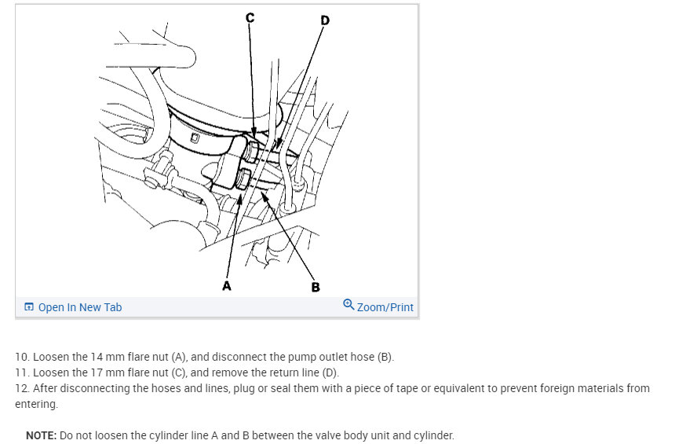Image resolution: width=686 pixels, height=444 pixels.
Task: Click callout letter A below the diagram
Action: coord(226,286)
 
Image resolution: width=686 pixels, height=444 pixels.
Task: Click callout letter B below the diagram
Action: coord(316,288)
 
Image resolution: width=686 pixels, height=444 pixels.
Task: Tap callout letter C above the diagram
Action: coord(250,18)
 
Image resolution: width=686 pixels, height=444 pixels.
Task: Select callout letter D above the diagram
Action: coord(325,20)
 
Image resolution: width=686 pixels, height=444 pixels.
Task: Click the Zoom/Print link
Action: coord(385,307)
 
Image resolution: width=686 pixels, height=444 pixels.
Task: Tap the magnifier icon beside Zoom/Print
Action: coord(348,304)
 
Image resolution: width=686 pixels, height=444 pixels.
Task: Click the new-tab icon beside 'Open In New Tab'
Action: coord(29,307)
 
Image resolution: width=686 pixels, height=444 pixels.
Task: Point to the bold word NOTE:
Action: coord(41,435)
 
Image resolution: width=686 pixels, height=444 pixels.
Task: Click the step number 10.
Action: coord(22,357)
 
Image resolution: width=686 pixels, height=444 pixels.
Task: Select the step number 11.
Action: coord(22,372)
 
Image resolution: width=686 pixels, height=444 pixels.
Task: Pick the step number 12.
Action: coord(22,388)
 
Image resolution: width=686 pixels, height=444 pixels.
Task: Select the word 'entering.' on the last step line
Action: coord(36,404)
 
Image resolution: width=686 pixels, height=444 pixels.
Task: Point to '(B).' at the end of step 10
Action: coord(385,357)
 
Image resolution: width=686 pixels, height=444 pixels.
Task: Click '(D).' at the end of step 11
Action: coord(330,372)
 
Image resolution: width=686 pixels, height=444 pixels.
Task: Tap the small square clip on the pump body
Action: coord(195,138)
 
